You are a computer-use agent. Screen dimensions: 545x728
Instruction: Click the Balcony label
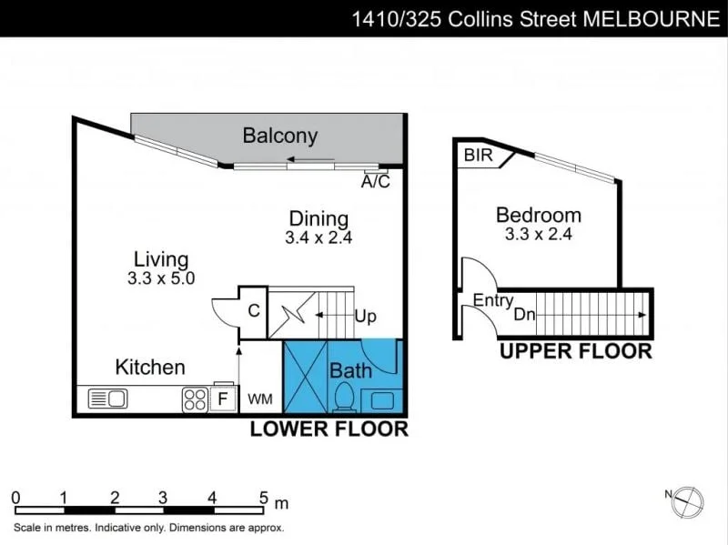[279, 136]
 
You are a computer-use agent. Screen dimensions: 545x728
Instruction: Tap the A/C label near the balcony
[375, 182]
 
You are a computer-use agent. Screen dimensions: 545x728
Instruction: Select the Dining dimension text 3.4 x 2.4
[318, 238]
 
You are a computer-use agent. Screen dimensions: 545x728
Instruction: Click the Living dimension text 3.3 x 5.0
[162, 278]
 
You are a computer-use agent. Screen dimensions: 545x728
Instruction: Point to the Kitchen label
[150, 368]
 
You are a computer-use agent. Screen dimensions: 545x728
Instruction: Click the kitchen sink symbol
[107, 399]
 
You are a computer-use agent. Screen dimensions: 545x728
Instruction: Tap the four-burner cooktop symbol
[195, 399]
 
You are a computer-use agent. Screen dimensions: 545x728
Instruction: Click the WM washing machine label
[260, 399]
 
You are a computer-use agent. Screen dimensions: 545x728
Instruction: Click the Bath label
[350, 370]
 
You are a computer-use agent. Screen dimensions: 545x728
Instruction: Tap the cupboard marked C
[254, 310]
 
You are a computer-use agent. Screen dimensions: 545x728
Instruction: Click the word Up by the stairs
[365, 317]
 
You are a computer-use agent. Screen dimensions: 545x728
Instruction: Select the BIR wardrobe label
[478, 156]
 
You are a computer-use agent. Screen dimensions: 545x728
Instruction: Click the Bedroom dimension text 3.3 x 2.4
[538, 234]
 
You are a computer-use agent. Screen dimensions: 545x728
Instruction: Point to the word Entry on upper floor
[493, 300]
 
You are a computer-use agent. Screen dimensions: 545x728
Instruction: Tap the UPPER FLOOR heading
[575, 351]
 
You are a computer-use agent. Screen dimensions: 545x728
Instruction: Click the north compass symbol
[691, 499]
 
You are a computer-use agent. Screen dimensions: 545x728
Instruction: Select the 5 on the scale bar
[263, 498]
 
